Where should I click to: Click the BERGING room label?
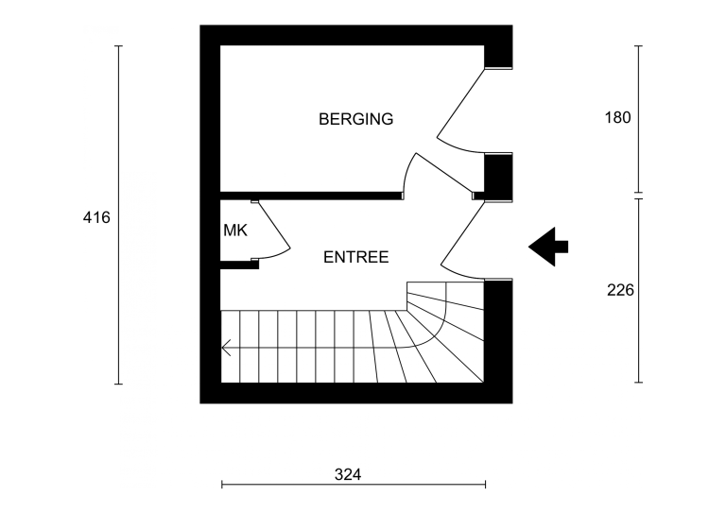coord(355,119)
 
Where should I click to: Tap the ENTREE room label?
coord(355,256)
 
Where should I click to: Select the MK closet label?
coord(235,230)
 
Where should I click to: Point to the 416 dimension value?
coord(96,217)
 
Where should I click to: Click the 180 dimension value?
coord(616,118)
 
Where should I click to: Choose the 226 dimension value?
coord(619,291)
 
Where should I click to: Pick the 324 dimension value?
coord(349,473)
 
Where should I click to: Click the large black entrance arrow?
coord(547,247)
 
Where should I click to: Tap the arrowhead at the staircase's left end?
coord(226,349)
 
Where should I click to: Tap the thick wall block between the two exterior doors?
coord(498,174)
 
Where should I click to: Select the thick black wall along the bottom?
coord(355,393)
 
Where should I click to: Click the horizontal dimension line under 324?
coord(354,486)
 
